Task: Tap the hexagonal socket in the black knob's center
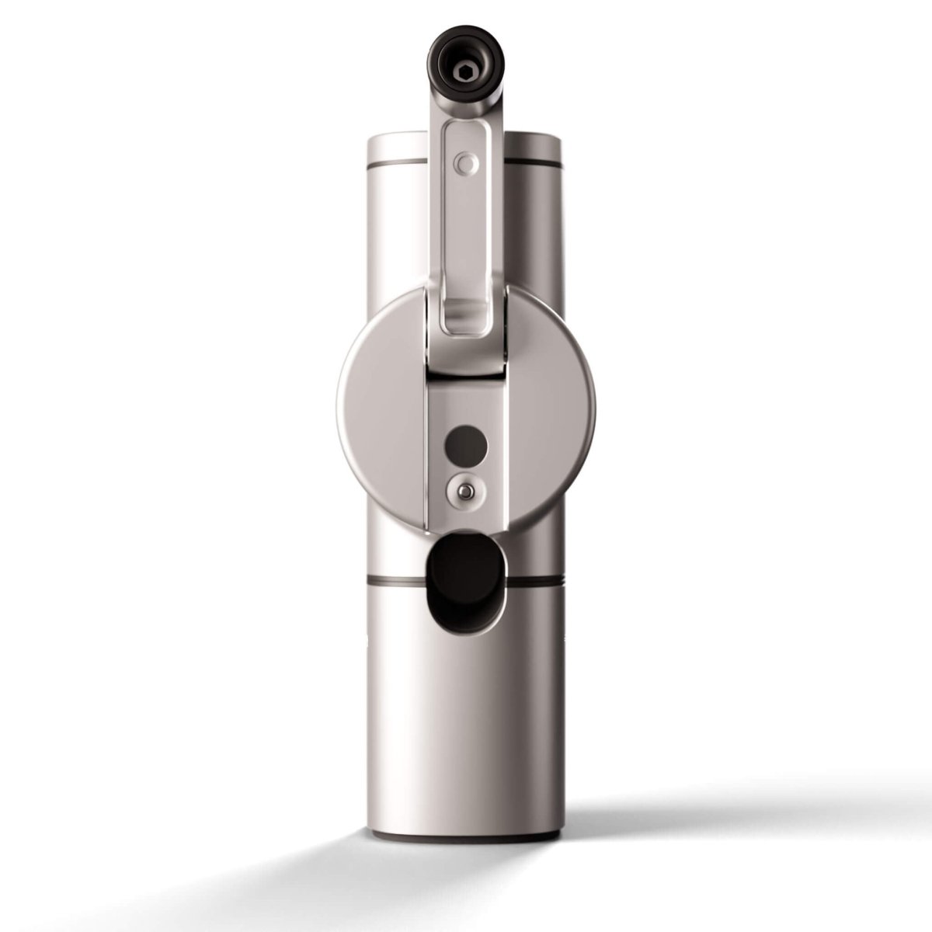464,75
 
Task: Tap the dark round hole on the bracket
465,446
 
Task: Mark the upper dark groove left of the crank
397,165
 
